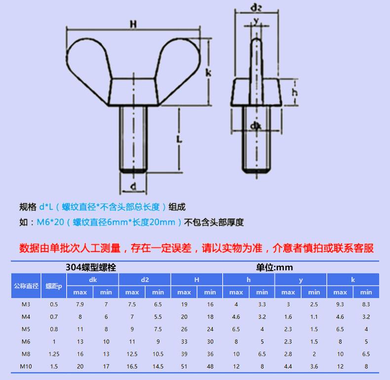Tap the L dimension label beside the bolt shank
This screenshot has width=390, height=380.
(179, 140)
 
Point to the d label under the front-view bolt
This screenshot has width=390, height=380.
(133, 186)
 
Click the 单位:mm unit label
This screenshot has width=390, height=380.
(274, 267)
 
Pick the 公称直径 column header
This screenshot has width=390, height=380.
(26, 286)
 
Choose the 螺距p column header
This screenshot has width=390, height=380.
(54, 286)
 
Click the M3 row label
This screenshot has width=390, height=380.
(26, 304)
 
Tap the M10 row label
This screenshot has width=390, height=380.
(26, 366)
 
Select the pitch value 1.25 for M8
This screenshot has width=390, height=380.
(54, 354)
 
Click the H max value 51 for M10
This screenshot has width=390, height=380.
(184, 366)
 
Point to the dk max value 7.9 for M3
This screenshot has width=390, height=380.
(80, 304)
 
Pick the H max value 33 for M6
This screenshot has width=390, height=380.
(184, 341)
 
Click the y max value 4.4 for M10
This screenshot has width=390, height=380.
(288, 366)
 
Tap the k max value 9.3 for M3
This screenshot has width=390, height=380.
(340, 304)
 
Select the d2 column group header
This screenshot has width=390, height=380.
(145, 280)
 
